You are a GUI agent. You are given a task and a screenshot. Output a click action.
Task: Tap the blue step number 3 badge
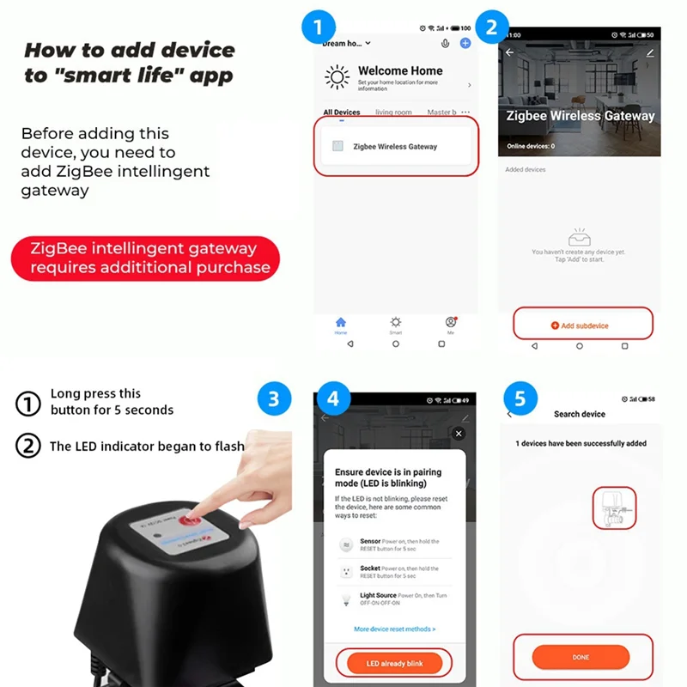pos(274,398)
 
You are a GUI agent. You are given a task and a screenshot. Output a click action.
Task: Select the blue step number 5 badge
pos(520,398)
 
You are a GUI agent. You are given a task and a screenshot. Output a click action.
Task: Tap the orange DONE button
pos(581,657)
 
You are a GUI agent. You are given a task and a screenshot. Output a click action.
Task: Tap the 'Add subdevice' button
pos(582,325)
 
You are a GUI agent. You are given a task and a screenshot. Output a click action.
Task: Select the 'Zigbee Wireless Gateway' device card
pos(395,147)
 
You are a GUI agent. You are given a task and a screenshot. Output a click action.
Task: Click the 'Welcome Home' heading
pos(400,71)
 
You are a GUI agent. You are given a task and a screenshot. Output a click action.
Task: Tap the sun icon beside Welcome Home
pos(337,77)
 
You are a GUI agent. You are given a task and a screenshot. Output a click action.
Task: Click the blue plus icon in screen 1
pos(465,43)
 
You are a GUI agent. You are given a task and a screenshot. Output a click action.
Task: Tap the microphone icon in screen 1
pos(445,43)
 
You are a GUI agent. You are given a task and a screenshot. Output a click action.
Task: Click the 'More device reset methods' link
pos(394,629)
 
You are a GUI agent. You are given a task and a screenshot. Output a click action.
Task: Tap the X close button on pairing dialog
pos(459,434)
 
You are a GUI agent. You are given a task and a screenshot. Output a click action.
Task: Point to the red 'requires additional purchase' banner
pos(146,258)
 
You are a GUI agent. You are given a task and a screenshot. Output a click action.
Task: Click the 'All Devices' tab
pos(342,112)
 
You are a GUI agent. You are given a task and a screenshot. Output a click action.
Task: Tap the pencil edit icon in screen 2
pos(649,53)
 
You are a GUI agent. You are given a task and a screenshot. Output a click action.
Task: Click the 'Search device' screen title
pos(580,414)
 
